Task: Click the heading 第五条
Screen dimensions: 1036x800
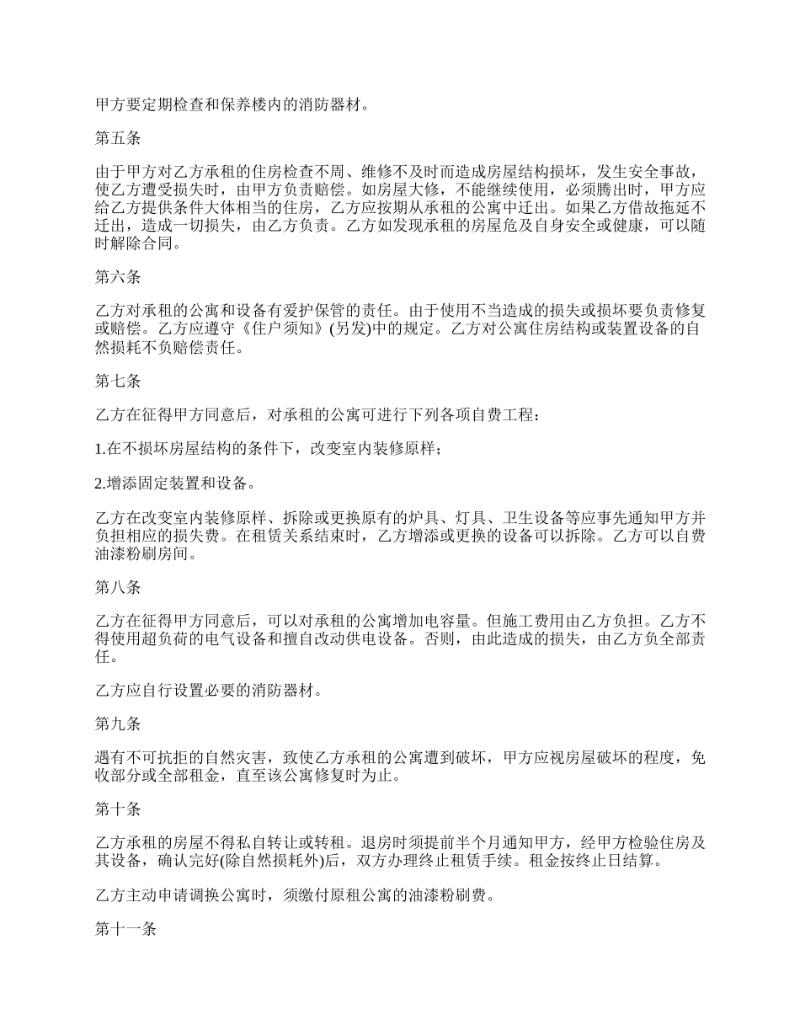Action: tap(117, 139)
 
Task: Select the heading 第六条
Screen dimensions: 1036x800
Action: tap(117, 277)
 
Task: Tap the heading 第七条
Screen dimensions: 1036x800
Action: tap(117, 381)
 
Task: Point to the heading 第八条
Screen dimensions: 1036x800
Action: tap(117, 587)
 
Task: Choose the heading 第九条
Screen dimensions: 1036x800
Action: tap(117, 724)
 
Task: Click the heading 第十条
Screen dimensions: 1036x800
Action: tap(117, 809)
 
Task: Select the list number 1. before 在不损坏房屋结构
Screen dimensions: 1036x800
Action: tap(99, 449)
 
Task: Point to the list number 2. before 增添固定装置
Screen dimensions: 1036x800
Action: tap(99, 483)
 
